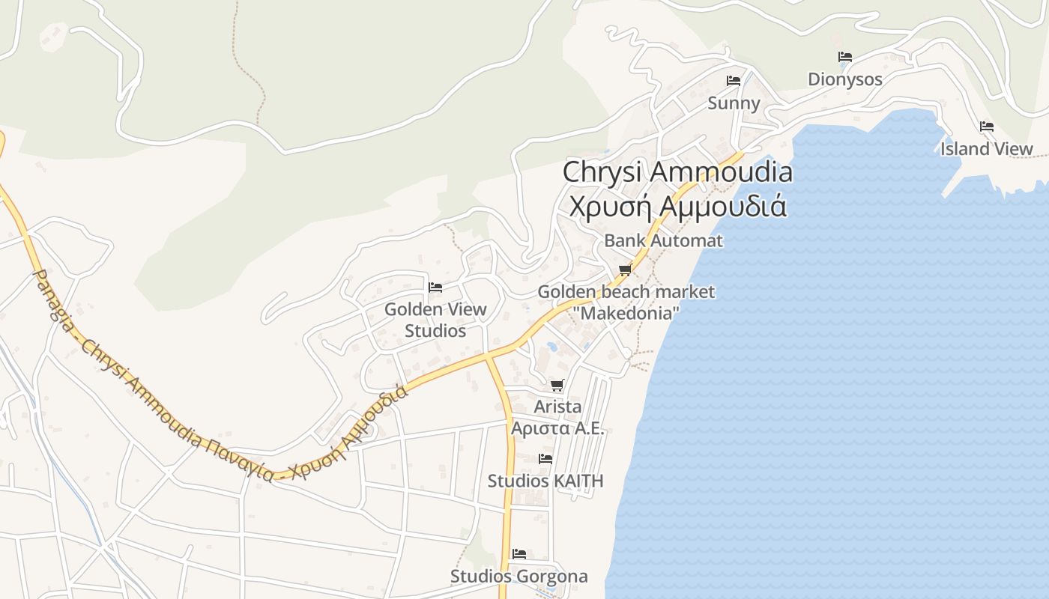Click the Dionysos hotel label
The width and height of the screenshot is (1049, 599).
pyautogui.click(x=844, y=79)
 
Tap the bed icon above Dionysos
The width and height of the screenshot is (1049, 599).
pyautogui.click(x=845, y=57)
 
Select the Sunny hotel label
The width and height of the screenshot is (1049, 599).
pyautogui.click(x=734, y=103)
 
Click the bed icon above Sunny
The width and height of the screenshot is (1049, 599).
pyautogui.click(x=734, y=81)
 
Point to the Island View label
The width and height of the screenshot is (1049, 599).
pyautogui.click(x=986, y=149)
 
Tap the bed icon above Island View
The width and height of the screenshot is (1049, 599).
pyautogui.click(x=987, y=127)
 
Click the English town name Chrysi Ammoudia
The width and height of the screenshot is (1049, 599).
pyautogui.click(x=677, y=171)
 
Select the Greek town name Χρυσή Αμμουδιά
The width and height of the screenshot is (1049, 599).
pyautogui.click(x=677, y=205)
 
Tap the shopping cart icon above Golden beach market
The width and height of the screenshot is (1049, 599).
pyautogui.click(x=626, y=270)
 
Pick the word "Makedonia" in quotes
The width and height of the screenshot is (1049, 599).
pyautogui.click(x=626, y=313)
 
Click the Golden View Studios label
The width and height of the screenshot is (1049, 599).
pyautogui.click(x=435, y=320)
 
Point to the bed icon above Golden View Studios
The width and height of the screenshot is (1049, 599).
pyautogui.click(x=435, y=288)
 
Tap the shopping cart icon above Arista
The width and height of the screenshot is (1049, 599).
pyautogui.click(x=557, y=386)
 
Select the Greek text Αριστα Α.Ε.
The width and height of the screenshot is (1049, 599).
pyautogui.click(x=557, y=428)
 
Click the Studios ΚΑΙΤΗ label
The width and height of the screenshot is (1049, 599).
pyautogui.click(x=545, y=481)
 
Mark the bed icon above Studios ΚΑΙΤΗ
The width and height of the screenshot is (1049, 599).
pyautogui.click(x=545, y=458)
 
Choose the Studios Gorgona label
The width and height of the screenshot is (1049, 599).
pyautogui.click(x=519, y=577)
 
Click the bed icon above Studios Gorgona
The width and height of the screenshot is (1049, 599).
pyautogui.click(x=519, y=554)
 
